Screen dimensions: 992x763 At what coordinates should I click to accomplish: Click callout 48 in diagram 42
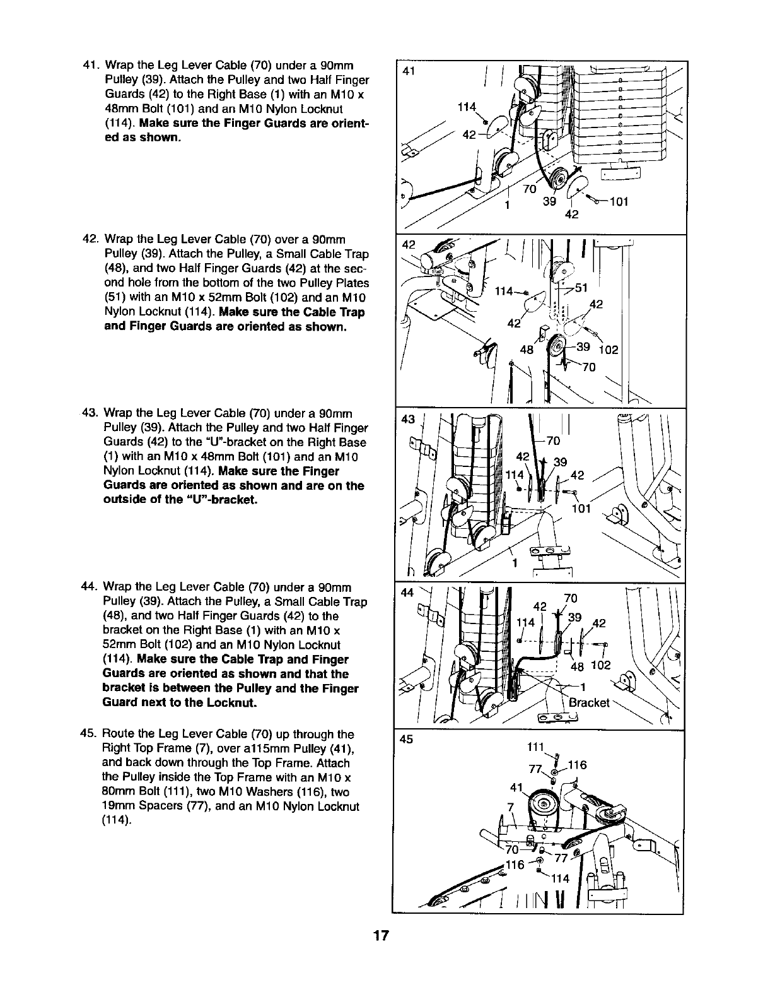[x=527, y=351]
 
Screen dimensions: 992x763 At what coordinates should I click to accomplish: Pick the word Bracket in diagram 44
[x=588, y=703]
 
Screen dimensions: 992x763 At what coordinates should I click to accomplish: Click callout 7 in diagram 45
[x=511, y=807]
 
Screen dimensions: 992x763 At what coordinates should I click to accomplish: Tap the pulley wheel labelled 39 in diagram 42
[x=557, y=349]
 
